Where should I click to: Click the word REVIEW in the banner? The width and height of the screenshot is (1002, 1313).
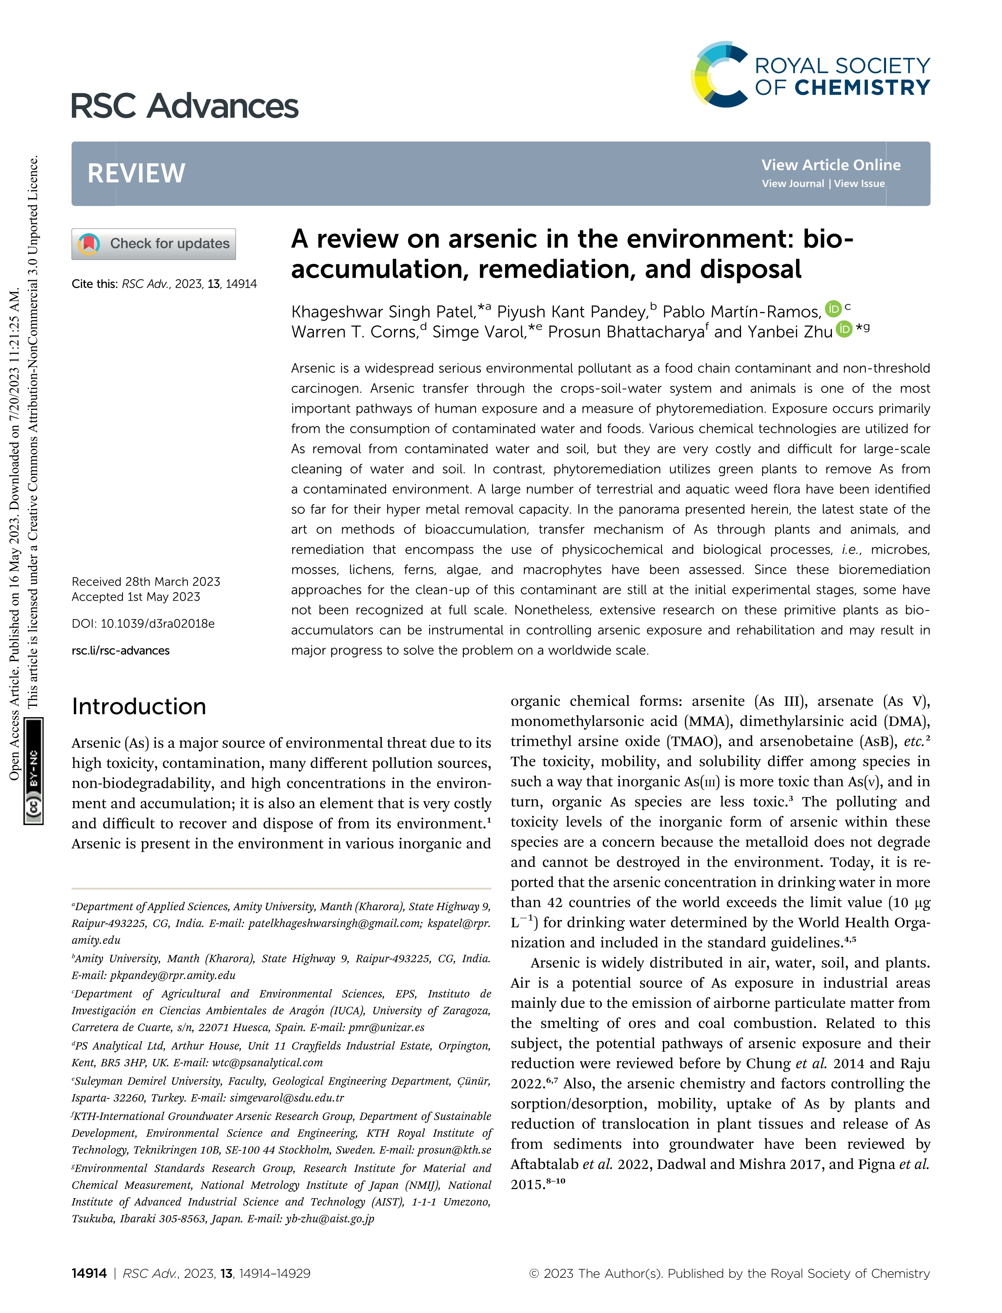(x=137, y=174)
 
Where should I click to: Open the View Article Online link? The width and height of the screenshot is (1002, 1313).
(x=830, y=165)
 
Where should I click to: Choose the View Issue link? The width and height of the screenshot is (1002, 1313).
(x=859, y=184)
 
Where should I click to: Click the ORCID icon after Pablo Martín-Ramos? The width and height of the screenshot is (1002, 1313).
(x=833, y=309)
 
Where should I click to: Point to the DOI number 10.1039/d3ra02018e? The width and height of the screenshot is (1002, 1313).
(x=158, y=624)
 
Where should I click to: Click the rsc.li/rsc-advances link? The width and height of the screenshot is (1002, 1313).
(x=120, y=650)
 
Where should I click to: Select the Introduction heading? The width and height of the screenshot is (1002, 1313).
(x=139, y=707)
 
